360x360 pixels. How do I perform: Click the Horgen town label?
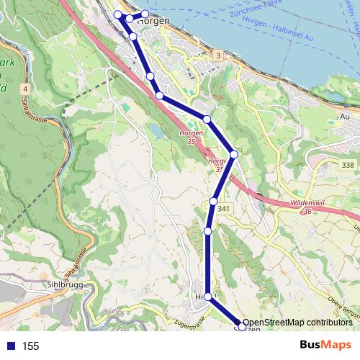153,21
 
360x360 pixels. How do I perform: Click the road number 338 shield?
348,166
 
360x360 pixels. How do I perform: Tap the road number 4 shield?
24,89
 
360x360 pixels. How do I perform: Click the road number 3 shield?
217,56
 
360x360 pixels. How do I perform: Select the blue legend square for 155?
11,346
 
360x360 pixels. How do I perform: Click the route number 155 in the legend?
30,346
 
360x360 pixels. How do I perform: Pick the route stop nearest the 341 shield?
214,201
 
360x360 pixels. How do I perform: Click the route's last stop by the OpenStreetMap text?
242,326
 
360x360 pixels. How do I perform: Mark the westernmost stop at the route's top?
117,14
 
